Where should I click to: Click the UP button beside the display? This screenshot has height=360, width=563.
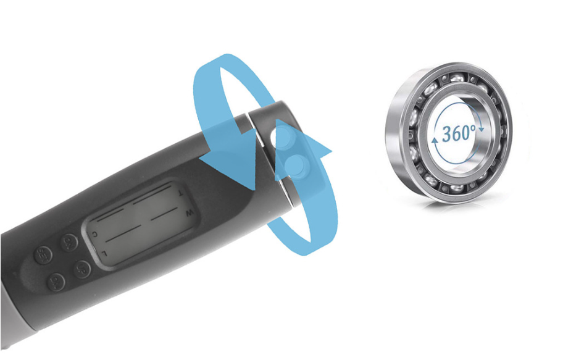pyautogui.click(x=82, y=269)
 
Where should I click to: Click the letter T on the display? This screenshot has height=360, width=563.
pyautogui.click(x=179, y=193)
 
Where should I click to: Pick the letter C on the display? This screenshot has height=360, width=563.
pyautogui.click(x=94, y=234)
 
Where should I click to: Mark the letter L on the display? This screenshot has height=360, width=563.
pyautogui.click(x=104, y=253)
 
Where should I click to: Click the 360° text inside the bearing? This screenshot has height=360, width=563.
pyautogui.click(x=458, y=132)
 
